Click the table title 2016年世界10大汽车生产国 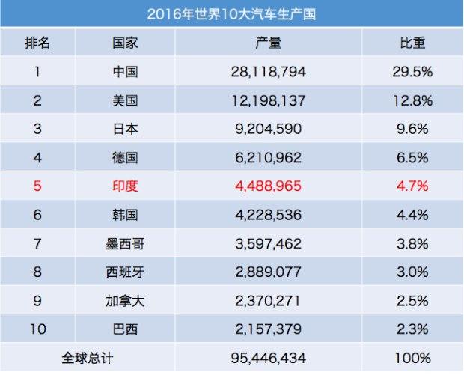click(231, 14)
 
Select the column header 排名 click(37, 43)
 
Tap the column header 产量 click(269, 43)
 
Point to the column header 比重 click(412, 43)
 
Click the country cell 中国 click(125, 71)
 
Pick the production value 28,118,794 click(269, 71)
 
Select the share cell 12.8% click(412, 100)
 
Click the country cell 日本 click(125, 129)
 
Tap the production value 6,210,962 click(269, 157)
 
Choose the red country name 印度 click(125, 186)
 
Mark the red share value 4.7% click(412, 186)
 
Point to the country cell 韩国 click(125, 215)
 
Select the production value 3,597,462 click(269, 243)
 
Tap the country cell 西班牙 click(125, 272)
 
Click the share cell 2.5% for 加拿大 click(412, 301)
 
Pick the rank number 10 click(37, 329)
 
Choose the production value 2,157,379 click(269, 329)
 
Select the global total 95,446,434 click(269, 358)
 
